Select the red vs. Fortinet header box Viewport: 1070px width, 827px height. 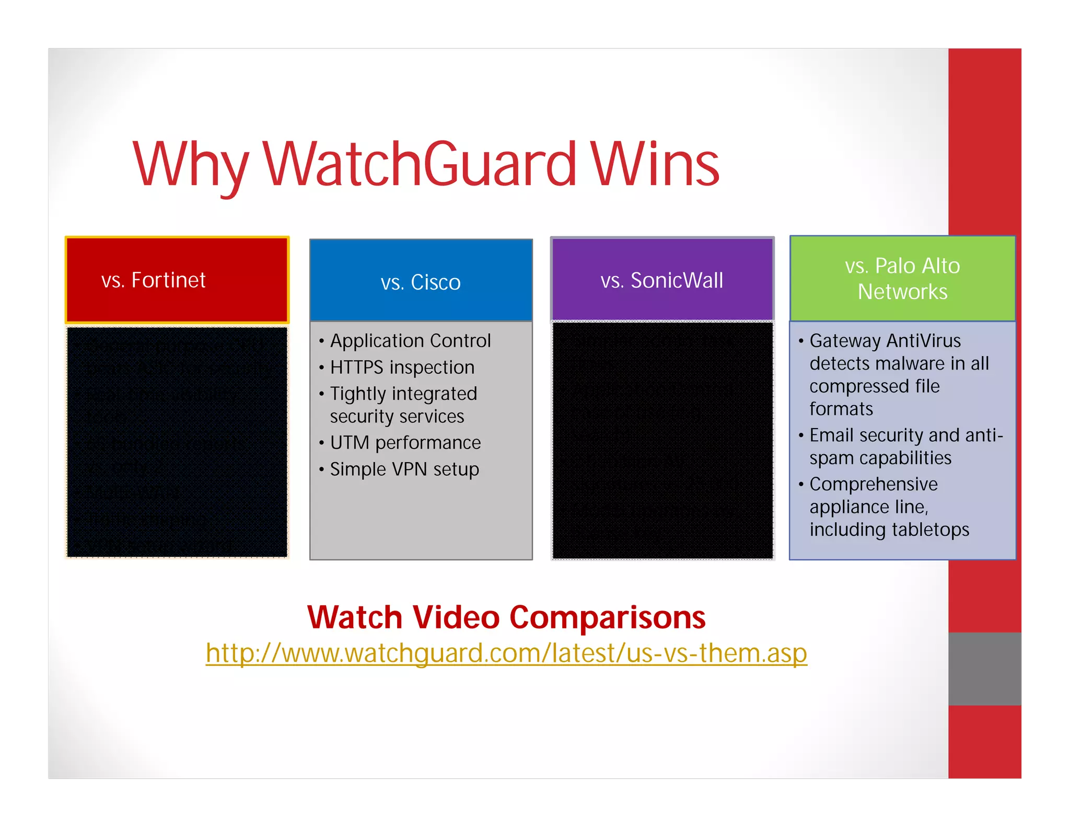point(177,280)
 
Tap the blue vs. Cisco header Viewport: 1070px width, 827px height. point(421,281)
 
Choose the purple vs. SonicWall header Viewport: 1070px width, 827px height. point(662,280)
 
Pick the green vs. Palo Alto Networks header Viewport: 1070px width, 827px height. point(902,279)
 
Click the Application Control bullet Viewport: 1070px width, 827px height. point(410,341)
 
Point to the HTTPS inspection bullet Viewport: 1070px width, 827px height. point(402,367)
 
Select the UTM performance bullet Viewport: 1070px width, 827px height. point(405,443)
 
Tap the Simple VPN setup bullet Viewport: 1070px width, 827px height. point(404,469)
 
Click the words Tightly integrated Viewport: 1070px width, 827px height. point(403,394)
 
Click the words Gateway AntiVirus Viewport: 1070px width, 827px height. point(885,341)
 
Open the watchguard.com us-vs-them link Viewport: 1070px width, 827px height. point(506,653)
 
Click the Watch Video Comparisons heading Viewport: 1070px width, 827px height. point(506,617)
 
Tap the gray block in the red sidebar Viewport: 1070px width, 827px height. point(985,669)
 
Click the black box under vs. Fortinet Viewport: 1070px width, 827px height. point(177,442)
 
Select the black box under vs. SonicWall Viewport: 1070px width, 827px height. point(662,440)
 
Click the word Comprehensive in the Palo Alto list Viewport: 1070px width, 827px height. point(874,484)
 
